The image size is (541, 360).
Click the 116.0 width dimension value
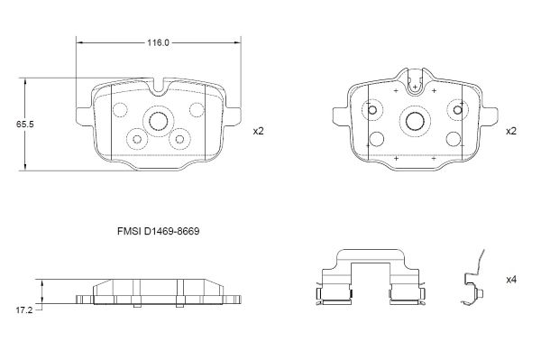(x=159, y=42)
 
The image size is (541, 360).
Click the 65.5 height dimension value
(x=25, y=125)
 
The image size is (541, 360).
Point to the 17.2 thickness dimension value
(x=23, y=310)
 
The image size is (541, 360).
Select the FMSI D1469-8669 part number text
(x=159, y=231)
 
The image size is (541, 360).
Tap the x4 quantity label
(x=511, y=280)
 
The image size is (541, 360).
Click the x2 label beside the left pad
(x=259, y=131)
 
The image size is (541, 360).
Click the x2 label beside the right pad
(x=511, y=131)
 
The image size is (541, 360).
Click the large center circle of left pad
(x=159, y=121)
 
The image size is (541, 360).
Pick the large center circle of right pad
(x=415, y=121)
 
